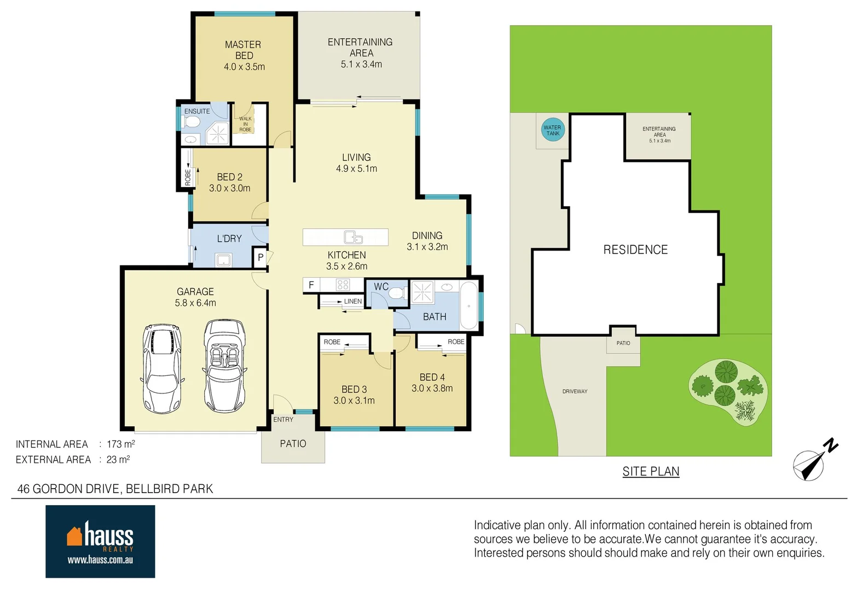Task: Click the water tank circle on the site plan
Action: click(552, 130)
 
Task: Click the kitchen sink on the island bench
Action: click(353, 237)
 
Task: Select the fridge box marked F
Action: click(311, 285)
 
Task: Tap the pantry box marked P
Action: click(260, 257)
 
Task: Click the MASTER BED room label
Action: click(244, 50)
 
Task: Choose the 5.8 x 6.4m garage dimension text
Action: click(195, 303)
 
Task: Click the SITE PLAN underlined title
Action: click(651, 472)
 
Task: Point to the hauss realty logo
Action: click(100, 541)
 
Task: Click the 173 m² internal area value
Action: click(120, 444)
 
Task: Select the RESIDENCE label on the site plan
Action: click(635, 250)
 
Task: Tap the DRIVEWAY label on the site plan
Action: click(575, 392)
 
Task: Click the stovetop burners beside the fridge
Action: click(343, 285)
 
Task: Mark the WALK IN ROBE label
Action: click(245, 124)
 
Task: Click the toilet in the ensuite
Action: click(191, 121)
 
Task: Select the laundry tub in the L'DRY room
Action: click(224, 260)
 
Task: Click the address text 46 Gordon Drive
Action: click(115, 489)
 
